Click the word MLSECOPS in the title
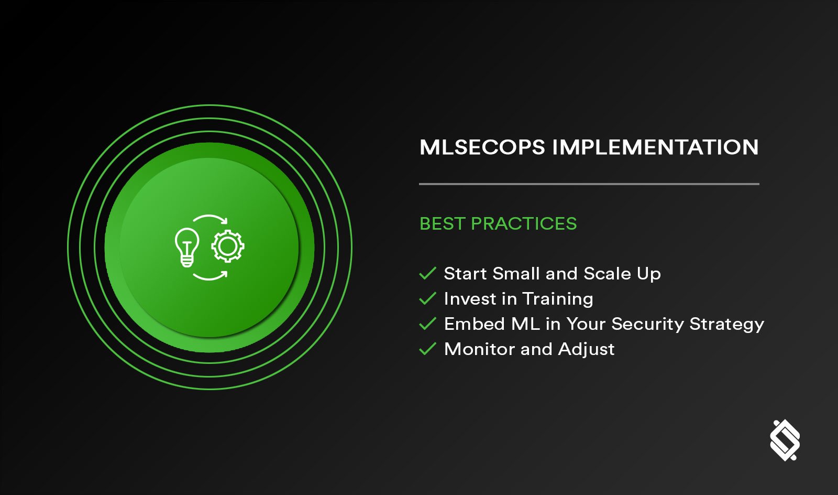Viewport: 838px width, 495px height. point(482,147)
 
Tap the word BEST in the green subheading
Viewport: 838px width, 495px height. point(443,224)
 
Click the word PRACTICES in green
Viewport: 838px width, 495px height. point(524,224)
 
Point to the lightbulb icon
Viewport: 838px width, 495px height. point(187,247)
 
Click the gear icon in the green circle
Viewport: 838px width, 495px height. point(228,246)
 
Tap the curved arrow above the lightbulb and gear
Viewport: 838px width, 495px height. point(211,219)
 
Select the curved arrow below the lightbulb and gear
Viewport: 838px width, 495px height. point(210,276)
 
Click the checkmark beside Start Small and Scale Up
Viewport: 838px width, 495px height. point(428,273)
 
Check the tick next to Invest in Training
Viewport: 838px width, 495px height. point(428,298)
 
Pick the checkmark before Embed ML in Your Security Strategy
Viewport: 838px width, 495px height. point(428,324)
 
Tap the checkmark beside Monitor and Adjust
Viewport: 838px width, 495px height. point(428,349)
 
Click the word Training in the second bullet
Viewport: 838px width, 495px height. point(558,299)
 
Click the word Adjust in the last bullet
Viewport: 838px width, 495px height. point(586,349)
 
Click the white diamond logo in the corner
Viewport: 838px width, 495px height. point(785,440)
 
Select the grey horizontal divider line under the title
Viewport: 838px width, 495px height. point(589,184)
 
